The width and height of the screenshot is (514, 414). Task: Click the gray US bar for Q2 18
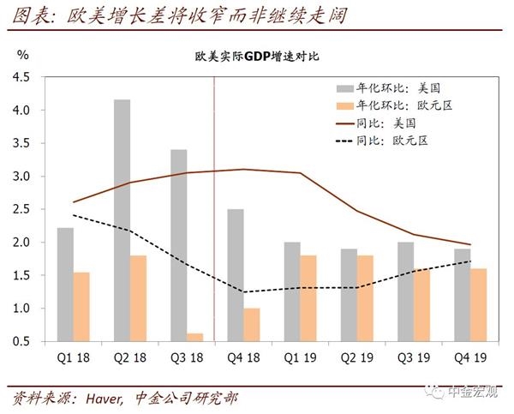pyautogui.click(x=122, y=220)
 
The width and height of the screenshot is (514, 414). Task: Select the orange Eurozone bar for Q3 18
pyautogui.click(x=194, y=337)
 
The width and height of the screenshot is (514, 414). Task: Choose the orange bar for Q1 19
pyautogui.click(x=308, y=298)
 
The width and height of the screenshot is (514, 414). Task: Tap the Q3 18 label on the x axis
pyautogui.click(x=186, y=358)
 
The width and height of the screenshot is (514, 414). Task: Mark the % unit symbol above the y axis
pyautogui.click(x=23, y=55)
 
